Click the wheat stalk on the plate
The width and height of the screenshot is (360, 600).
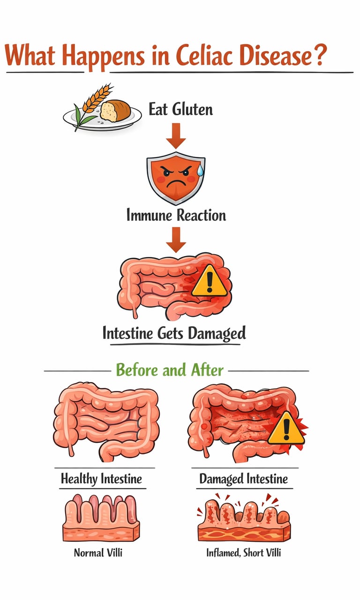click(91, 103)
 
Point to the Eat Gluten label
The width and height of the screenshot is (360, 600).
click(180, 110)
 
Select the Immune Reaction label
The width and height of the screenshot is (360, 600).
click(176, 215)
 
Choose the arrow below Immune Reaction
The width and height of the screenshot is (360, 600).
click(176, 240)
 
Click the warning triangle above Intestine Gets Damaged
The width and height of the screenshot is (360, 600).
click(210, 281)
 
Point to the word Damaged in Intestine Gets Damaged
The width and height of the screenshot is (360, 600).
click(216, 334)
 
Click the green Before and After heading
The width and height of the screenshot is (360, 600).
click(170, 370)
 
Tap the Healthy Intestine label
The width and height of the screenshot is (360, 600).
click(101, 479)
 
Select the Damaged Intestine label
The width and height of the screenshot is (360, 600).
click(243, 479)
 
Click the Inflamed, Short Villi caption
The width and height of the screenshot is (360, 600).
click(244, 553)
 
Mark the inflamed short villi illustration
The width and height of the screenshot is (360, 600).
click(244, 520)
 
